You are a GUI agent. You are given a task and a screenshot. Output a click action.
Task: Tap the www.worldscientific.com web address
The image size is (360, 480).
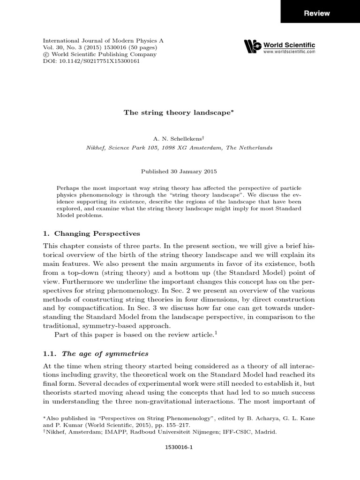pyautogui.click(x=289, y=51)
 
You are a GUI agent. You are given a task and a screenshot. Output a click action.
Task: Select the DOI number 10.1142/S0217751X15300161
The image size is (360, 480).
pyautogui.click(x=99, y=61)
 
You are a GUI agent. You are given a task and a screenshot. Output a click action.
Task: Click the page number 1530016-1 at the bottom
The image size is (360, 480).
pyautogui.click(x=180, y=448)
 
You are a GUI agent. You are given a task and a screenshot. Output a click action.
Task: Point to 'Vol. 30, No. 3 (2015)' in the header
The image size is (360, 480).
pyautogui.click(x=72, y=47)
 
